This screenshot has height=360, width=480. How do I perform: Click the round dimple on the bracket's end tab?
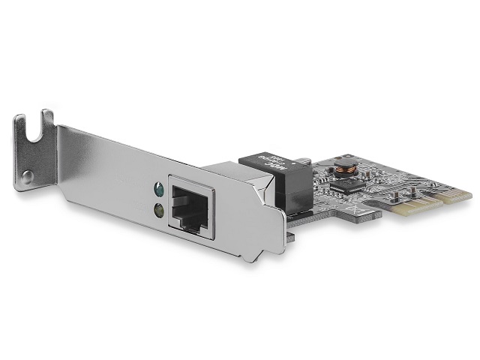click(x=27, y=178)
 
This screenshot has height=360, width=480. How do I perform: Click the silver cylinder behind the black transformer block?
click(x=302, y=160)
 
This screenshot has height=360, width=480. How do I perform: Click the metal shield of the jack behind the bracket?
click(x=225, y=167)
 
